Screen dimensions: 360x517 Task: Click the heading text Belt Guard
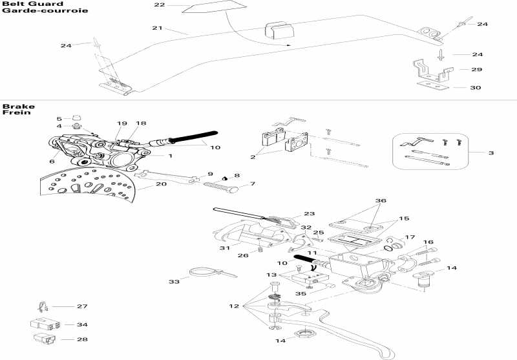(23, 4)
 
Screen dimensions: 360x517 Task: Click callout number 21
(157, 28)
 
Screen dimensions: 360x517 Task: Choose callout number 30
(476, 87)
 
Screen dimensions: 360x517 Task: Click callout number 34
(81, 324)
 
